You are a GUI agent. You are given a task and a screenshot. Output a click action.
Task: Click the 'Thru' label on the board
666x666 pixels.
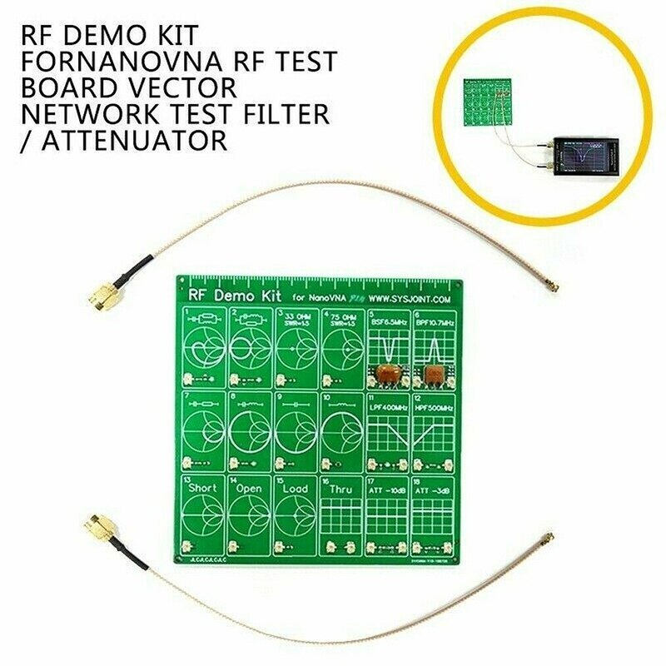tap(341, 490)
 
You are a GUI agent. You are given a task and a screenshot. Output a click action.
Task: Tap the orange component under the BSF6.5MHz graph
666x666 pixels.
tap(385, 375)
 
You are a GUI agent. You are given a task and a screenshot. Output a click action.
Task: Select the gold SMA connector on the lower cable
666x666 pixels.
tap(97, 526)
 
